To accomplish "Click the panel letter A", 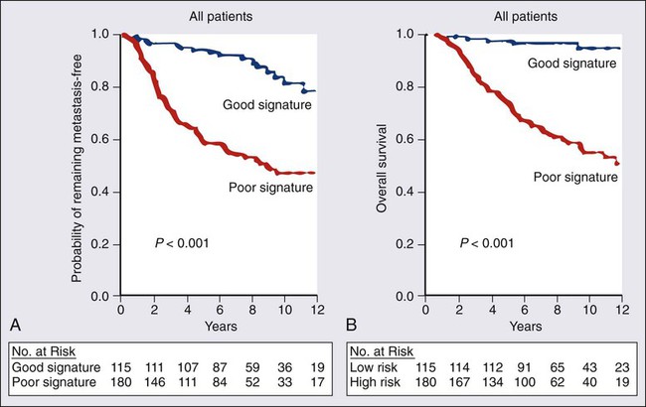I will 10,323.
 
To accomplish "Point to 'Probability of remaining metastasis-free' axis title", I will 79,164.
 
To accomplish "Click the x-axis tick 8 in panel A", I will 253,309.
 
